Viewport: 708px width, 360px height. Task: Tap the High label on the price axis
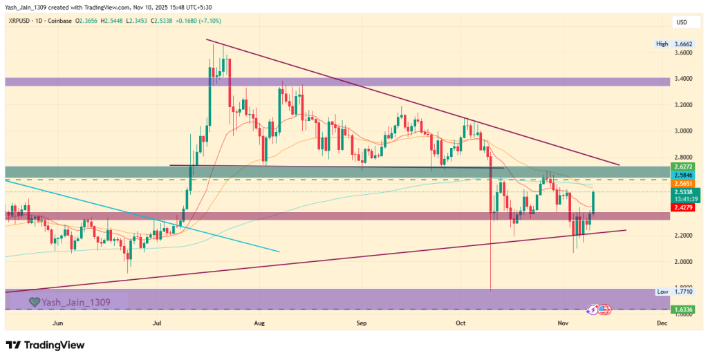click(x=662, y=44)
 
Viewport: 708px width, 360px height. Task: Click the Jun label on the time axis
click(x=58, y=323)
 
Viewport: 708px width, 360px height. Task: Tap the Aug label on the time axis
click(x=260, y=323)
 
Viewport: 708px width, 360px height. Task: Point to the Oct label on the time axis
click(x=462, y=323)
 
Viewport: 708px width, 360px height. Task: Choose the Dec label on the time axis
click(x=661, y=323)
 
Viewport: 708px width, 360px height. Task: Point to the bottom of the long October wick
click(x=490, y=290)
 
